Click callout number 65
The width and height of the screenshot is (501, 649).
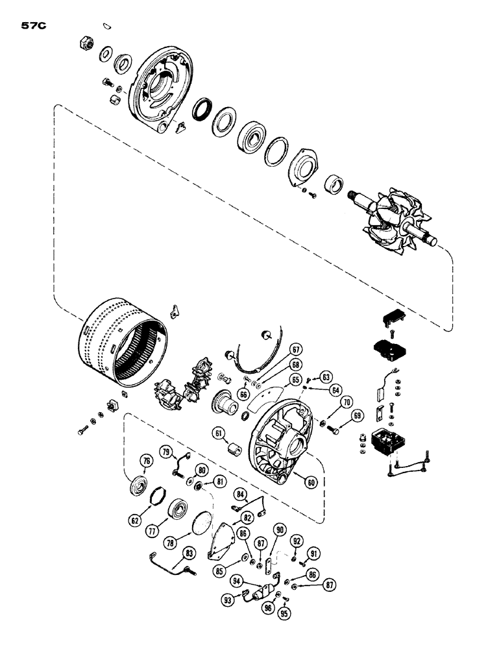295,380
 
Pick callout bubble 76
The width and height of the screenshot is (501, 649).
147,461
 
